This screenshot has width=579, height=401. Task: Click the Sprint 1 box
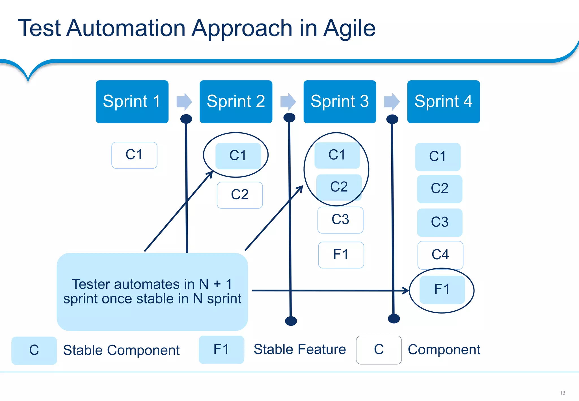(x=132, y=102)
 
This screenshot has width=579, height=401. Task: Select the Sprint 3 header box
(x=340, y=102)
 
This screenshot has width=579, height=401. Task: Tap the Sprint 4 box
(x=443, y=102)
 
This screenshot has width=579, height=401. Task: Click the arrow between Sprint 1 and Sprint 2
(x=184, y=102)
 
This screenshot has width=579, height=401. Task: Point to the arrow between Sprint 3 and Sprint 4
(x=392, y=102)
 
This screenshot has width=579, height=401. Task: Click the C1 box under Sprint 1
(x=134, y=155)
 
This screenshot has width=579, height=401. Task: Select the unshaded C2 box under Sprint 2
(x=239, y=195)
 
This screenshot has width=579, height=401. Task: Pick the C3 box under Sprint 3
(x=340, y=220)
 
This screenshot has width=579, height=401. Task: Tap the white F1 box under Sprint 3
(x=341, y=255)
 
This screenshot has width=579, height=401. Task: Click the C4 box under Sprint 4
(x=440, y=255)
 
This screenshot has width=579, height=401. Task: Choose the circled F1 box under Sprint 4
(x=442, y=290)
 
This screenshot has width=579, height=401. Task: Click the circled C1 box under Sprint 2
(x=238, y=156)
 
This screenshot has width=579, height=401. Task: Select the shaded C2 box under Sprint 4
(x=439, y=189)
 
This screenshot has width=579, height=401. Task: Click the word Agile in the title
(x=349, y=28)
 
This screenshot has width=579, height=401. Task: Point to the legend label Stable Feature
(x=299, y=349)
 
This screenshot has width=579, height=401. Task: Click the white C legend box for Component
(x=379, y=350)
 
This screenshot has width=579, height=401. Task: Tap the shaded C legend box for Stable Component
(x=34, y=350)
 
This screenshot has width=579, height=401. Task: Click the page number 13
(x=562, y=393)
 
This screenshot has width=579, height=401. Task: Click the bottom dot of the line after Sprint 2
(x=291, y=321)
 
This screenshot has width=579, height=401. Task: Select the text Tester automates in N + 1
(x=152, y=284)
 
